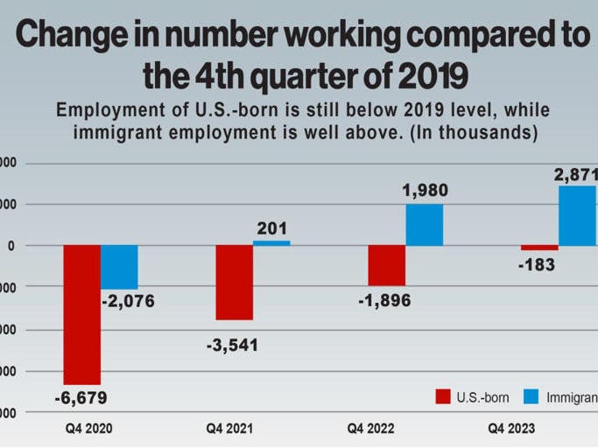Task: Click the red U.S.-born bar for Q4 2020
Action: pyautogui.click(x=81, y=314)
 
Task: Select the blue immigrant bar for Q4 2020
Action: pyautogui.click(x=119, y=267)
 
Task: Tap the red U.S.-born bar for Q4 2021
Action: pyautogui.click(x=234, y=283)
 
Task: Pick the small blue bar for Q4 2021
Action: pyautogui.click(x=271, y=243)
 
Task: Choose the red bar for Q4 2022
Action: pyautogui.click(x=386, y=265)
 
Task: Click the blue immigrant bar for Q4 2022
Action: pyautogui.click(x=424, y=225)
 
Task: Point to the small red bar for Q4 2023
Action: pyautogui.click(x=538, y=248)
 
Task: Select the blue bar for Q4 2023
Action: pyautogui.click(x=577, y=216)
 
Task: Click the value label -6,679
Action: pyautogui.click(x=81, y=398)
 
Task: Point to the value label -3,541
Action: pyautogui.click(x=232, y=345)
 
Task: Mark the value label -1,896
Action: pyautogui.click(x=383, y=300)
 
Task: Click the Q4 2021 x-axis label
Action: pyautogui.click(x=230, y=429)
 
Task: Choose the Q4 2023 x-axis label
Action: pyautogui.click(x=510, y=429)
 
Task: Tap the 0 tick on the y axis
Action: pyautogui.click(x=11, y=246)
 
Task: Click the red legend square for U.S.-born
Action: pyautogui.click(x=443, y=397)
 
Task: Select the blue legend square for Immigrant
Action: pyautogui.click(x=530, y=397)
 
